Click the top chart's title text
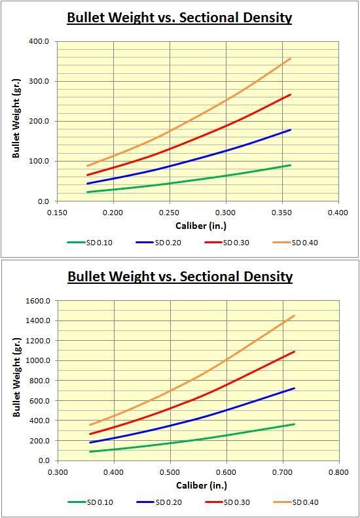(179, 18)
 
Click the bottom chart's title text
(179, 277)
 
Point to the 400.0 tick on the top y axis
(40, 41)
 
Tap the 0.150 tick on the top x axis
(58, 213)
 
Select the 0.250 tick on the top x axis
(170, 213)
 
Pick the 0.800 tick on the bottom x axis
(338, 472)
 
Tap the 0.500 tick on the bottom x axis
(170, 472)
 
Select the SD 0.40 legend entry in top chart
(304, 243)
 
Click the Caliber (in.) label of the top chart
(198, 226)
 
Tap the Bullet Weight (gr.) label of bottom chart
(16, 381)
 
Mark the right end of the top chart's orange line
(291, 58)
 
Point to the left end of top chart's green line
(88, 192)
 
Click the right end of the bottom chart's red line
(294, 352)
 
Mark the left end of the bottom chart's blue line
(90, 443)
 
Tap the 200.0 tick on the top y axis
(40, 122)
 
